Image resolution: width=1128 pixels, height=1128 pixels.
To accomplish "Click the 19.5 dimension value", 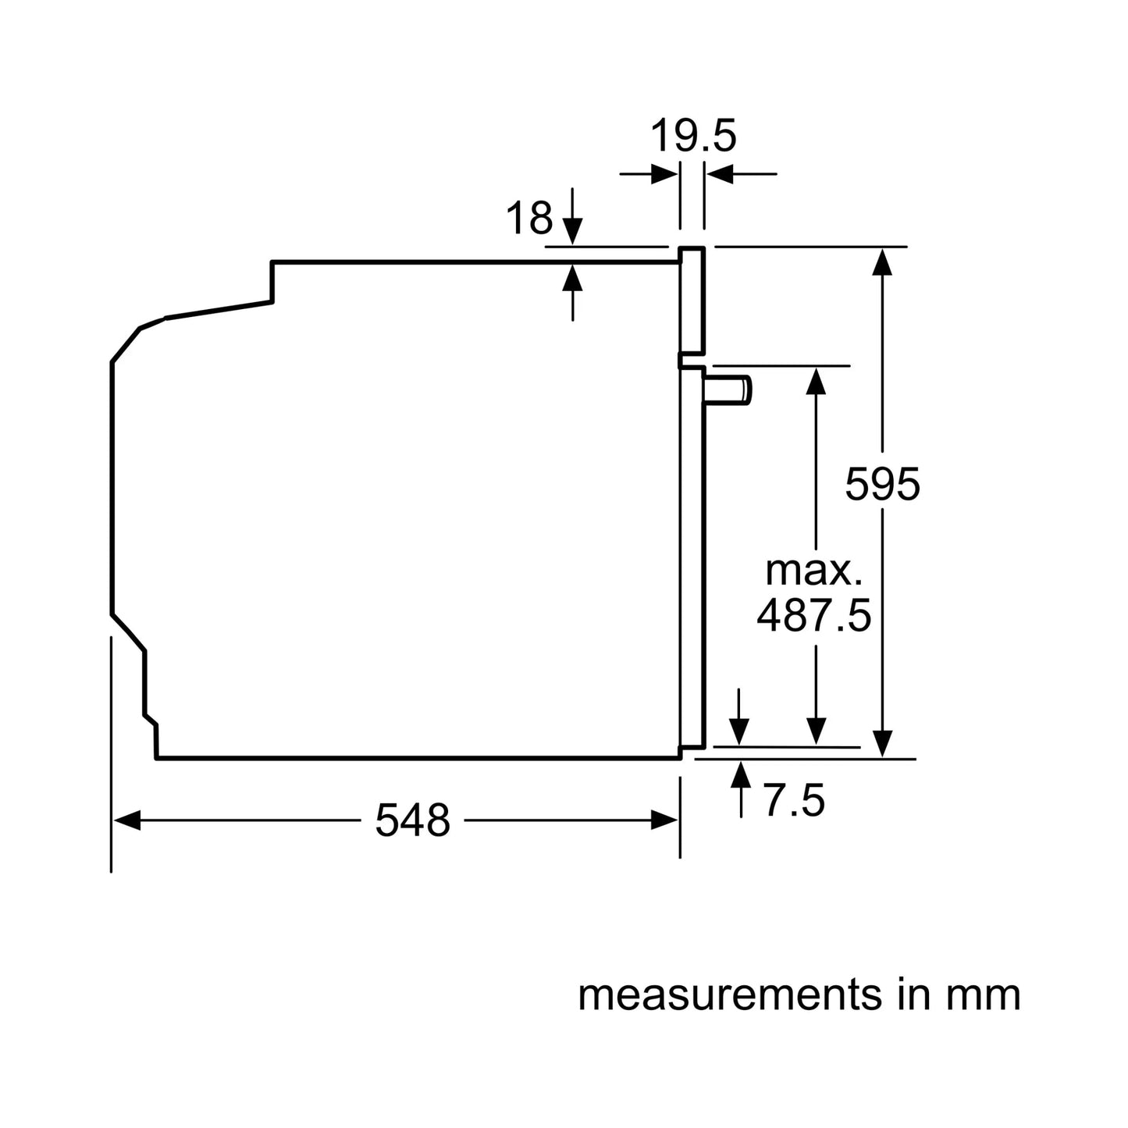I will tap(693, 137).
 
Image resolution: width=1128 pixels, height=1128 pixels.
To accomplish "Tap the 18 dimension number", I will tap(529, 218).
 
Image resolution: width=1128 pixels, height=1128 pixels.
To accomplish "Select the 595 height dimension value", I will tap(882, 485).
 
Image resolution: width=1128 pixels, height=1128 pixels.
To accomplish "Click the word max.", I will tap(813, 571).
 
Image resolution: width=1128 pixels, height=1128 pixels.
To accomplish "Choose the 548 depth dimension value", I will tap(412, 820).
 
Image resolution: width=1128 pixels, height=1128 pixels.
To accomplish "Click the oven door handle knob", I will tap(730, 390).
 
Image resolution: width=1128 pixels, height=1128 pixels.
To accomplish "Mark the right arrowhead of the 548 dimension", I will tap(664, 820).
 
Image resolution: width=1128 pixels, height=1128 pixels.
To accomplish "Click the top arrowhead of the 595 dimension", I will tap(882, 261).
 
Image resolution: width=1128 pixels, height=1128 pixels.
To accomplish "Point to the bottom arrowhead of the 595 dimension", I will tap(882, 743).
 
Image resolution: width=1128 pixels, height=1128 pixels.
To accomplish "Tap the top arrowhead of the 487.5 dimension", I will tap(816, 380).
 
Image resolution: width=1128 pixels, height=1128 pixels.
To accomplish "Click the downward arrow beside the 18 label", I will tap(573, 230).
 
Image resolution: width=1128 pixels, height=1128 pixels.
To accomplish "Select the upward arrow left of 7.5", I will tap(741, 774).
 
